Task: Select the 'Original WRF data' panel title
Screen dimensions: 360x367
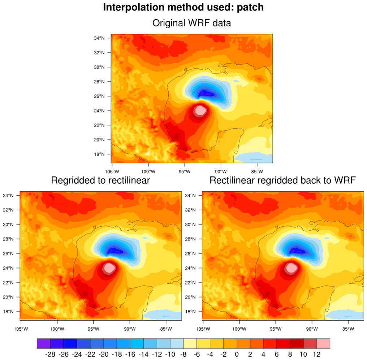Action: click(x=191, y=23)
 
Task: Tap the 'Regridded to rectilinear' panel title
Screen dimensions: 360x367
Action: click(x=100, y=180)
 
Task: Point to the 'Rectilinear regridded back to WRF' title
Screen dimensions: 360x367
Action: click(x=283, y=180)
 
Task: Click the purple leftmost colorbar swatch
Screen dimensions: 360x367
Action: click(x=43, y=343)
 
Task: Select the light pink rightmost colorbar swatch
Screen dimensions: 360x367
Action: click(x=323, y=343)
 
